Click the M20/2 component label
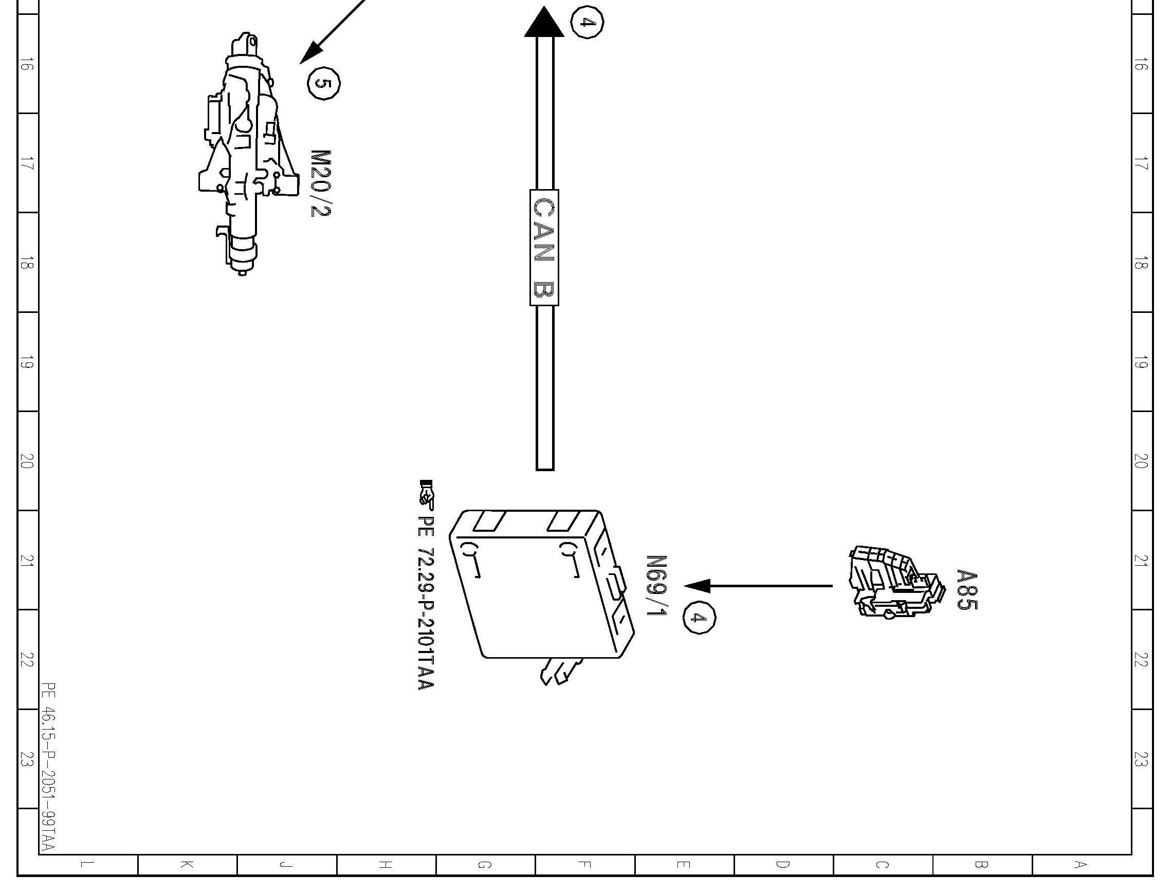click(321, 183)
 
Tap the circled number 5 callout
click(324, 84)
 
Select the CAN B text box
click(544, 248)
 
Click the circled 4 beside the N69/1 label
click(699, 617)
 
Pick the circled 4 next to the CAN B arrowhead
click(587, 23)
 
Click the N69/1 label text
click(656, 585)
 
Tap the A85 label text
click(966, 590)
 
